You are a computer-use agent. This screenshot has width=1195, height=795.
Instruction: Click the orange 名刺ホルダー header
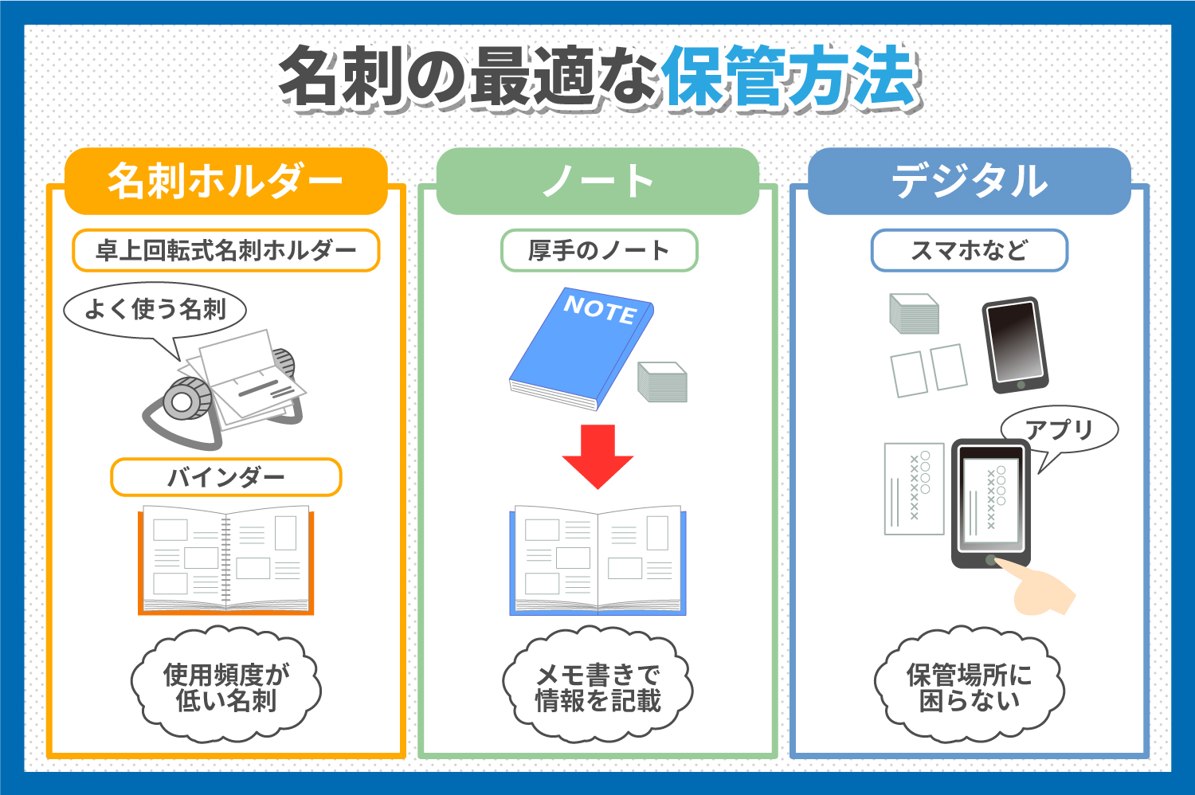click(x=225, y=182)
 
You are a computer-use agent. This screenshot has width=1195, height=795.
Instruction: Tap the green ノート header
click(x=597, y=182)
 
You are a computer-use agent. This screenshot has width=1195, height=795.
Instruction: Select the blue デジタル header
click(x=970, y=182)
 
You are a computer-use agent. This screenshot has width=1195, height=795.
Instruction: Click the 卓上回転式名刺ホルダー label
click(x=225, y=251)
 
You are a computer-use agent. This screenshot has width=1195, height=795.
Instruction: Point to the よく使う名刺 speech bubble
click(x=155, y=309)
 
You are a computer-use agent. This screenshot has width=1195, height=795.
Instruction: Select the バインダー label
click(x=225, y=478)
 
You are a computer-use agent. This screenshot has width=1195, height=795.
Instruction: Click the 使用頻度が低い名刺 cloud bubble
click(x=225, y=687)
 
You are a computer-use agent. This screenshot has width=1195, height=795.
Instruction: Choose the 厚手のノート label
click(x=598, y=251)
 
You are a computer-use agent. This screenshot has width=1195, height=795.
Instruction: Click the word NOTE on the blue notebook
click(x=599, y=308)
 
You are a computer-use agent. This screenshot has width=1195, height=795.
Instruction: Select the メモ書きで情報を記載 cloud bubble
click(x=597, y=687)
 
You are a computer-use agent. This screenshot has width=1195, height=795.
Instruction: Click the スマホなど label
click(x=969, y=251)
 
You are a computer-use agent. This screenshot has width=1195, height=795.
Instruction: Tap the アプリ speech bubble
click(x=1059, y=430)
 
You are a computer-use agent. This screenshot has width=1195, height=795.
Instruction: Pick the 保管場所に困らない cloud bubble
click(x=970, y=687)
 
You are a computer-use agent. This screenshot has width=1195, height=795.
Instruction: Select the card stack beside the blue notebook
click(x=662, y=382)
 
